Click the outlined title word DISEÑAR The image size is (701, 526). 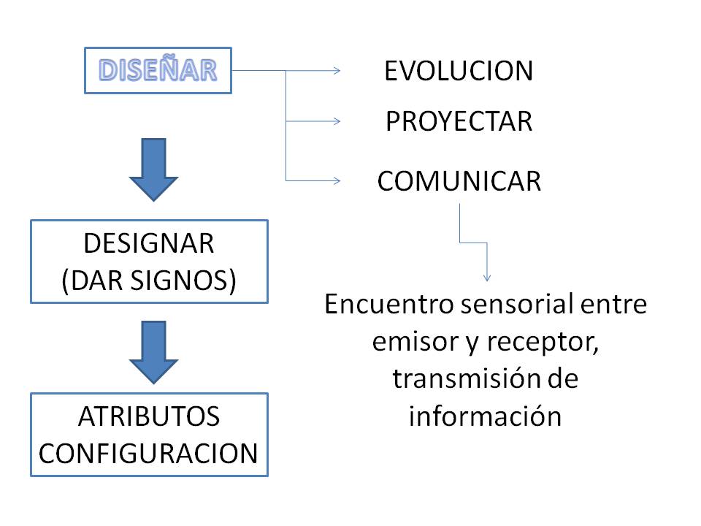[x=158, y=70]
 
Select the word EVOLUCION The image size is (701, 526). [x=459, y=72]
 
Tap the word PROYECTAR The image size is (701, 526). [x=459, y=122]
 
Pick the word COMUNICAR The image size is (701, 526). [x=459, y=181]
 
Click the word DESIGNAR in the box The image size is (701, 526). [x=149, y=244]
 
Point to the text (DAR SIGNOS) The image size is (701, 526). [x=149, y=281]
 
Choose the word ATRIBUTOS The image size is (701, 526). [x=149, y=416]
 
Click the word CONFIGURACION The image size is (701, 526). [x=149, y=454]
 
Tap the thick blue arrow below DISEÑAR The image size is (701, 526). [x=153, y=169]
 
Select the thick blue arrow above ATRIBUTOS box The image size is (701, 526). [x=153, y=352]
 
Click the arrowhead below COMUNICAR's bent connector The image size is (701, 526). [x=488, y=277]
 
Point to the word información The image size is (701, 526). [x=485, y=417]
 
